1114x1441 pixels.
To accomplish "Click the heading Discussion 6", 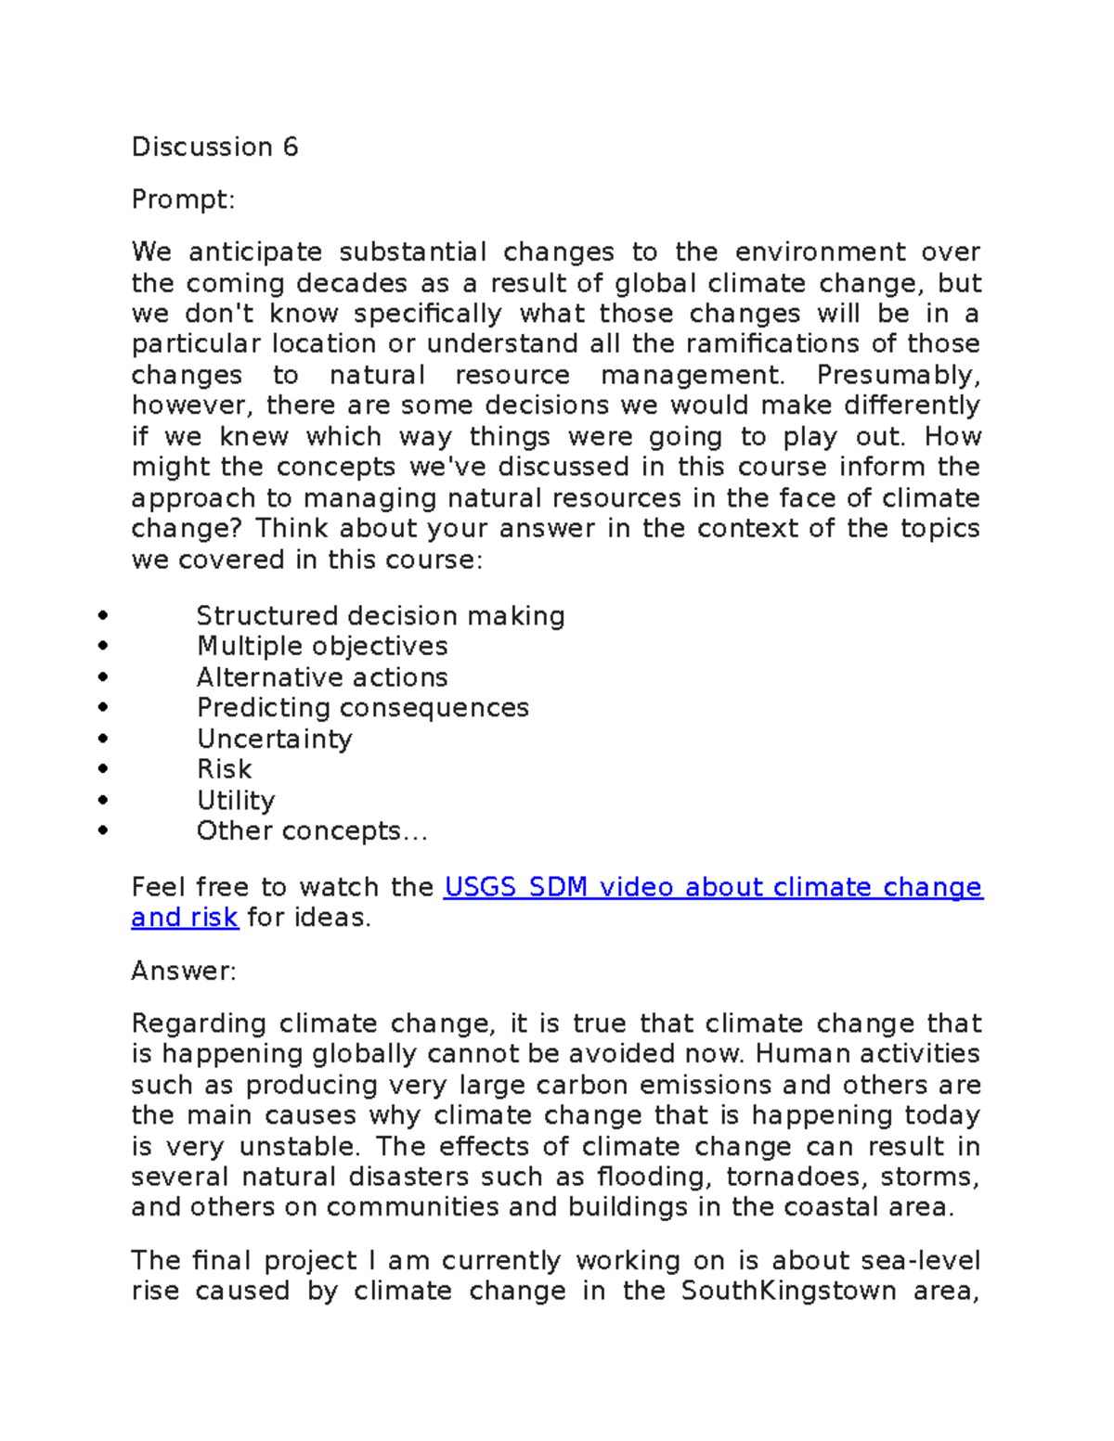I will coord(214,147).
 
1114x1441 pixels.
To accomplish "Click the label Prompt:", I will coord(183,199).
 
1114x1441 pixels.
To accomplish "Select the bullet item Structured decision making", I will coord(381,616).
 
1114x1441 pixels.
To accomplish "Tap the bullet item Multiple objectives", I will coord(322,647).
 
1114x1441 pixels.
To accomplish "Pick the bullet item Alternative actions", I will coord(322,677).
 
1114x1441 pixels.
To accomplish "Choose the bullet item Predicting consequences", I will coord(362,708).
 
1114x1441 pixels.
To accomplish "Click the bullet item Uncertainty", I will coord(275,740).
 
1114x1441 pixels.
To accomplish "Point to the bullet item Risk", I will coord(224,769).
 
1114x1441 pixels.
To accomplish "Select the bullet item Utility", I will coord(236,801).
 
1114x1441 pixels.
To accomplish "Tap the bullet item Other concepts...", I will coord(311,831).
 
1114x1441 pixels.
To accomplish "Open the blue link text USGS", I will coord(480,887).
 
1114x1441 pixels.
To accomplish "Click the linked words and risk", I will coord(185,918).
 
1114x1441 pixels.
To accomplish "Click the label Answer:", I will coord(184,971).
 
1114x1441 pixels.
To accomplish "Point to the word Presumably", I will coord(897,376).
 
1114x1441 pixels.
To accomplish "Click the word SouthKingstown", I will coord(788,1291).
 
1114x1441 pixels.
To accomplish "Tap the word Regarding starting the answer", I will coord(199,1023).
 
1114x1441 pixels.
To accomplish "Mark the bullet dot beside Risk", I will coord(102,769).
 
